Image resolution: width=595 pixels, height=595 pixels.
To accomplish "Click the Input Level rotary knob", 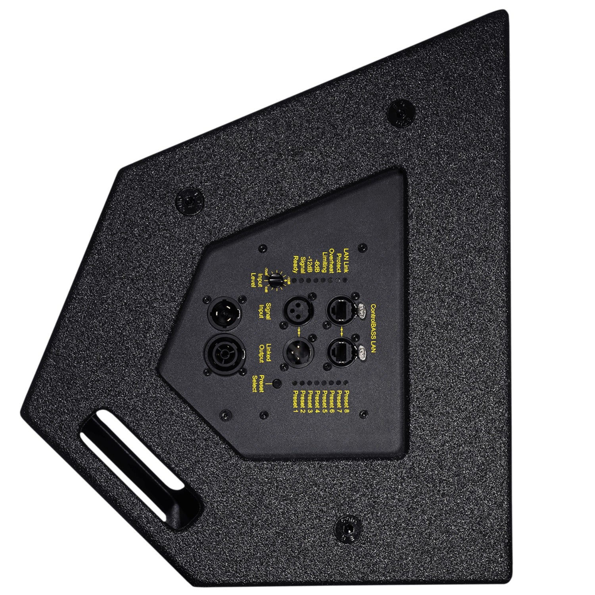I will pos(274,281).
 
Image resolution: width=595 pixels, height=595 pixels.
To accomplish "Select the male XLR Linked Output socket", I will pos(298,350).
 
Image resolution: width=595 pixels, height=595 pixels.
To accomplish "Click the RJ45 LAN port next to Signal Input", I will pos(342,310).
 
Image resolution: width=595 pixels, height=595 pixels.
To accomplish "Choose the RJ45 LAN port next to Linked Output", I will pos(342,350).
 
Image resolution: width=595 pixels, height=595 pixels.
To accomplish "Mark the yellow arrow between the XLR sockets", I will pos(298,330).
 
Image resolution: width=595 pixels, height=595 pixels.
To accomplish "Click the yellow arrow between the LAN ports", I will pos(342,330).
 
